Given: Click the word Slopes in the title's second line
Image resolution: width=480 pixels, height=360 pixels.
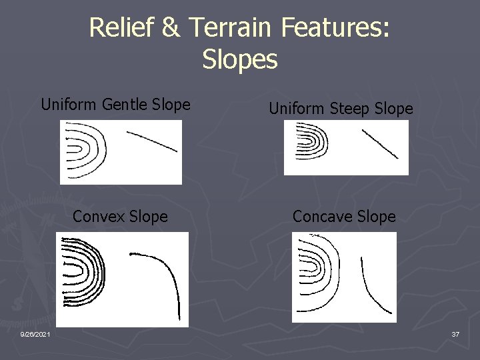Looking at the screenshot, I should click(x=239, y=59).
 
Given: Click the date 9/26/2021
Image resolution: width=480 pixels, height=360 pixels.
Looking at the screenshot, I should click(x=33, y=333).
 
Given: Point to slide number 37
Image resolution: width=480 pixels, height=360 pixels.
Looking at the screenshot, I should click(x=455, y=333).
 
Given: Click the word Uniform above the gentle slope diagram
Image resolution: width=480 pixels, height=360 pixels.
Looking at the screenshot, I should click(x=69, y=105).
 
